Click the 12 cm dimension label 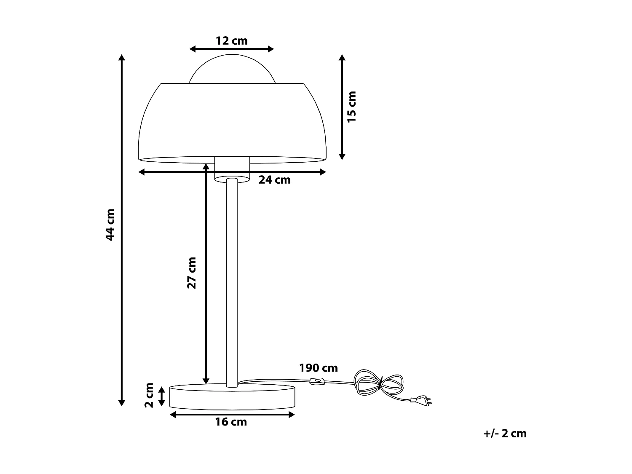click(x=232, y=41)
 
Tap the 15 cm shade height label click(x=351, y=107)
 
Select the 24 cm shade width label click(x=274, y=180)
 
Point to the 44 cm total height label click(x=110, y=224)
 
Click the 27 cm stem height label click(x=192, y=273)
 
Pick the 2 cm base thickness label click(x=149, y=395)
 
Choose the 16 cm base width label click(x=231, y=422)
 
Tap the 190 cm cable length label click(x=318, y=368)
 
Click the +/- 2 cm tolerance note click(x=505, y=434)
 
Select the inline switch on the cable click(x=316, y=382)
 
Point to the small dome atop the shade click(x=232, y=70)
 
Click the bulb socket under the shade click(x=232, y=169)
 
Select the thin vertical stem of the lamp click(x=232, y=282)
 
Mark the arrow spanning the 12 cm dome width click(x=232, y=49)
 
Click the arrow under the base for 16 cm click(x=232, y=415)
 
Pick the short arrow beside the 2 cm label click(x=161, y=396)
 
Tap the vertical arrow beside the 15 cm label click(x=342, y=107)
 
